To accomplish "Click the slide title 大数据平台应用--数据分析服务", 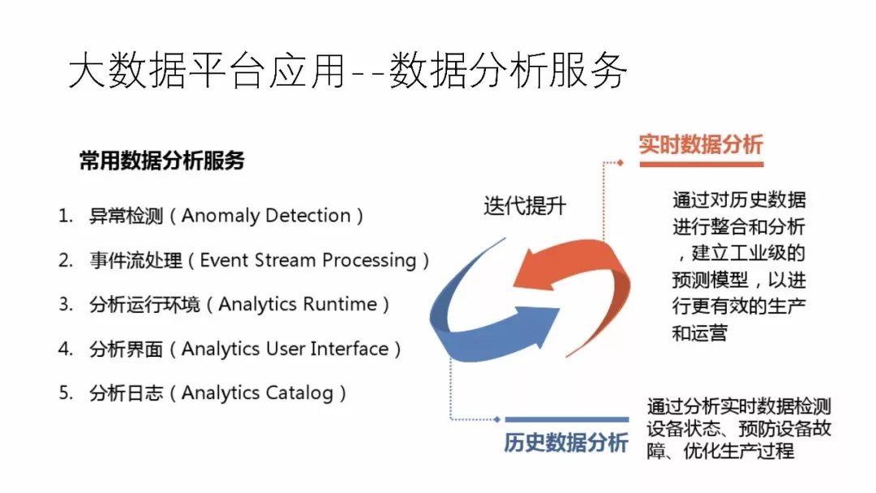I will click(348, 71).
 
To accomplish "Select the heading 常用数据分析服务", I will click(161, 161).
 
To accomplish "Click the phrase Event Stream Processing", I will click(308, 260).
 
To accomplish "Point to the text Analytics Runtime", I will click(298, 305).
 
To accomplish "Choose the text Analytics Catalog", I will click(257, 393).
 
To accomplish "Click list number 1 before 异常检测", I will click(65, 216).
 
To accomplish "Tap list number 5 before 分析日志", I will click(66, 393).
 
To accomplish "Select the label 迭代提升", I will click(525, 205).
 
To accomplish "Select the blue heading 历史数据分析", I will click(565, 444).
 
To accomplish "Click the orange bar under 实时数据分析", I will click(701, 164).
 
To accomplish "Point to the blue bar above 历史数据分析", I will click(565, 420).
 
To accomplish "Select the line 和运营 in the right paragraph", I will click(699, 332).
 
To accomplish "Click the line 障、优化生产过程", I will click(720, 451).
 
